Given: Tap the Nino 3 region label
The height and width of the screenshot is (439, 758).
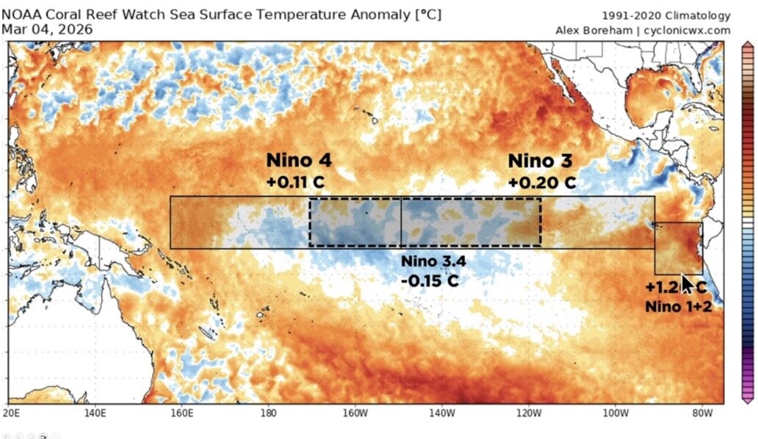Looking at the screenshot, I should [540, 161].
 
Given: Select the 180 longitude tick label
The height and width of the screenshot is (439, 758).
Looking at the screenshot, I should [268, 413].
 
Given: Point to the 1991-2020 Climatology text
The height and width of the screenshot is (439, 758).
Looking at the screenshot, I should [666, 15].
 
